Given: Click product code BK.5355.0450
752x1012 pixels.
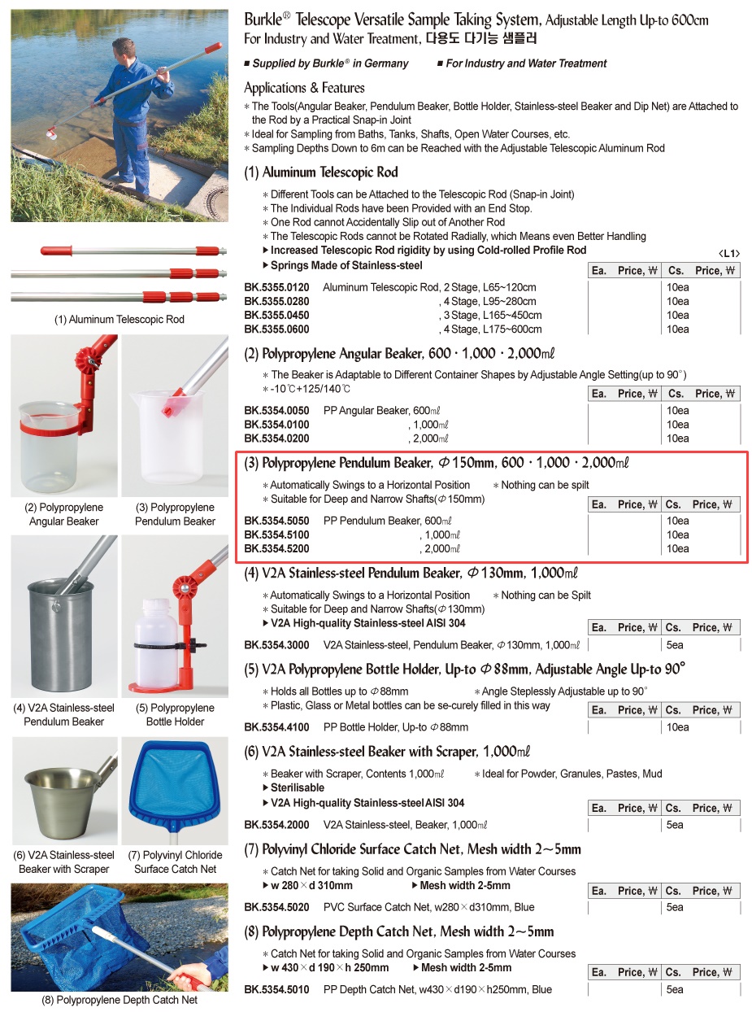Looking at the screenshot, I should click(x=276, y=316).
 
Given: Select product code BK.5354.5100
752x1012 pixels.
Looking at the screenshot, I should click(x=276, y=535).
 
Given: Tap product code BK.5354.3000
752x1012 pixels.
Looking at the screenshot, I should click(x=276, y=645).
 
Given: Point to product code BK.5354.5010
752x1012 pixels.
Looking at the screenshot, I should click(x=276, y=990).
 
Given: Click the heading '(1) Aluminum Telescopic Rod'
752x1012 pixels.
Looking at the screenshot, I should click(x=321, y=172).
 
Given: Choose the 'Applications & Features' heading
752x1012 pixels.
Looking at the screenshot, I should click(x=304, y=88).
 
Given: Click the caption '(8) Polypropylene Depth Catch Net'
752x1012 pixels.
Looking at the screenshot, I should click(x=120, y=1000).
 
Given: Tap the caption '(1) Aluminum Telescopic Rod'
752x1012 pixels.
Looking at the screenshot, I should click(x=120, y=320).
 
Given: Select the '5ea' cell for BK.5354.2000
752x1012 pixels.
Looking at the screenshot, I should click(x=676, y=825).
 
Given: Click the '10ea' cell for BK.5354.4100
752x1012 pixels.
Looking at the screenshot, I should click(x=677, y=727).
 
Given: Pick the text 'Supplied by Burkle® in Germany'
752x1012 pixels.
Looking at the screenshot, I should click(x=330, y=63).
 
